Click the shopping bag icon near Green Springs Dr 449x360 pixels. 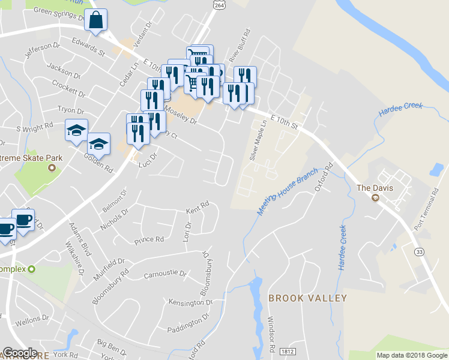pos(96,20)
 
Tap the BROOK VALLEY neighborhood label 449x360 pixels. pos(307,298)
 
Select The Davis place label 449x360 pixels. pos(375,188)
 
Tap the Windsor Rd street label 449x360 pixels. pos(272,334)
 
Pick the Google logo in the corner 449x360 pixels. pos(20,353)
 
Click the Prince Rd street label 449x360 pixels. pos(149,240)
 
